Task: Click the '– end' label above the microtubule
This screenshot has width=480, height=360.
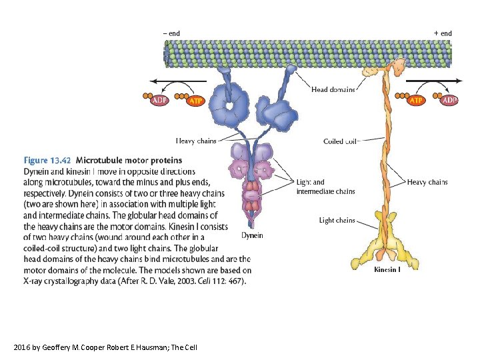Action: [x=171, y=33]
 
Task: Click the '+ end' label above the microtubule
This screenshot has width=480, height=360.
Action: [x=443, y=33]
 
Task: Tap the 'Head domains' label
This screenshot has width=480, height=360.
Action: [x=333, y=89]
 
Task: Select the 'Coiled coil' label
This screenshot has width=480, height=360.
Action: [x=341, y=141]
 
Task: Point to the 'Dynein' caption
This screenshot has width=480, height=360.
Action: [x=252, y=235]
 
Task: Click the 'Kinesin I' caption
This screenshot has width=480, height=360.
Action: [x=387, y=270]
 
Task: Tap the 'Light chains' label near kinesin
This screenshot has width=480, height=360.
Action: [x=337, y=220]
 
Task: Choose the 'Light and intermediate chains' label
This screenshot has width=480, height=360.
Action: [x=325, y=187]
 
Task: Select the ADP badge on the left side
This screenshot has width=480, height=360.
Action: [x=160, y=101]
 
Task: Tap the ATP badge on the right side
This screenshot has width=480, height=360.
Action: [x=416, y=101]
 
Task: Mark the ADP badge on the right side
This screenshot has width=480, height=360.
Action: [x=449, y=101]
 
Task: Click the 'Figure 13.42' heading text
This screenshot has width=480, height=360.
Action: [x=47, y=161]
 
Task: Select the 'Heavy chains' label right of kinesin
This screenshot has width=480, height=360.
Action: [x=427, y=182]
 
